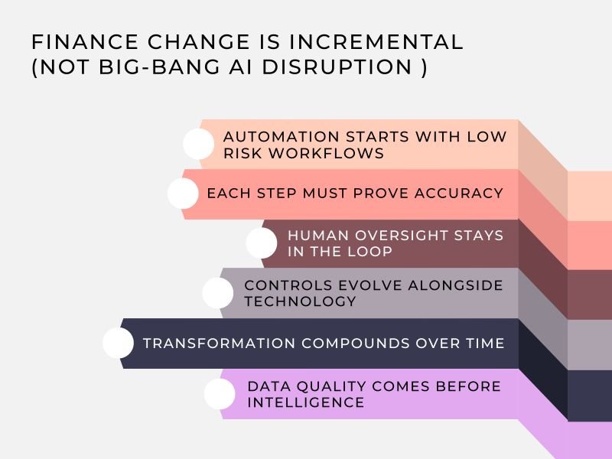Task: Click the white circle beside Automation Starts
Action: (x=199, y=144)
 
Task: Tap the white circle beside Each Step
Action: (x=183, y=194)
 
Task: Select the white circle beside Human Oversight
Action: (x=262, y=243)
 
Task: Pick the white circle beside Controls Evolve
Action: (x=218, y=293)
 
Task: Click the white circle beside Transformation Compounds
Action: (x=118, y=343)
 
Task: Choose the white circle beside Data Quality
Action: (x=220, y=394)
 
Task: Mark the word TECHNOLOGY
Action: (x=300, y=301)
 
